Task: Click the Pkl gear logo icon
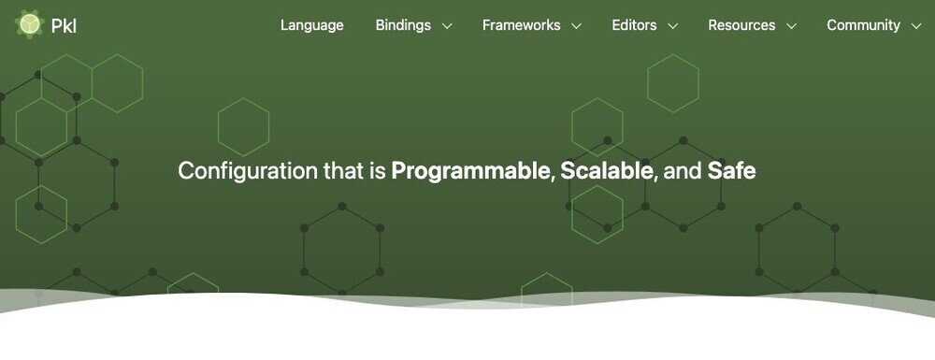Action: pyautogui.click(x=29, y=24)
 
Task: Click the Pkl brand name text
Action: pyautogui.click(x=64, y=25)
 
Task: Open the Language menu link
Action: pyautogui.click(x=312, y=25)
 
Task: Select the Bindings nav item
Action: pyautogui.click(x=403, y=25)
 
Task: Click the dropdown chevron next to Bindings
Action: pyautogui.click(x=447, y=26)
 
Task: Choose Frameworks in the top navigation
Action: pyautogui.click(x=521, y=25)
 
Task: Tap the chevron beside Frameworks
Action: pyautogui.click(x=576, y=26)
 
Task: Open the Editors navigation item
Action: pyautogui.click(x=634, y=25)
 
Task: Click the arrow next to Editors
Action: pyautogui.click(x=672, y=26)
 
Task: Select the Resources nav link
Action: pyautogui.click(x=741, y=25)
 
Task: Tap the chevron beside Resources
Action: pyautogui.click(x=791, y=26)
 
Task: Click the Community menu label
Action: pyautogui.click(x=863, y=25)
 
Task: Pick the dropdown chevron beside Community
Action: pyautogui.click(x=916, y=26)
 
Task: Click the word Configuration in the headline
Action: pyautogui.click(x=248, y=172)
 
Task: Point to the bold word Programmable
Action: pyautogui.click(x=471, y=172)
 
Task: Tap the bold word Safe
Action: pyautogui.click(x=732, y=171)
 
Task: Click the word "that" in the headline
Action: pyautogui.click(x=344, y=171)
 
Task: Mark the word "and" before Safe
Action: pyautogui.click(x=683, y=171)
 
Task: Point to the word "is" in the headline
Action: pyautogui.click(x=378, y=171)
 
